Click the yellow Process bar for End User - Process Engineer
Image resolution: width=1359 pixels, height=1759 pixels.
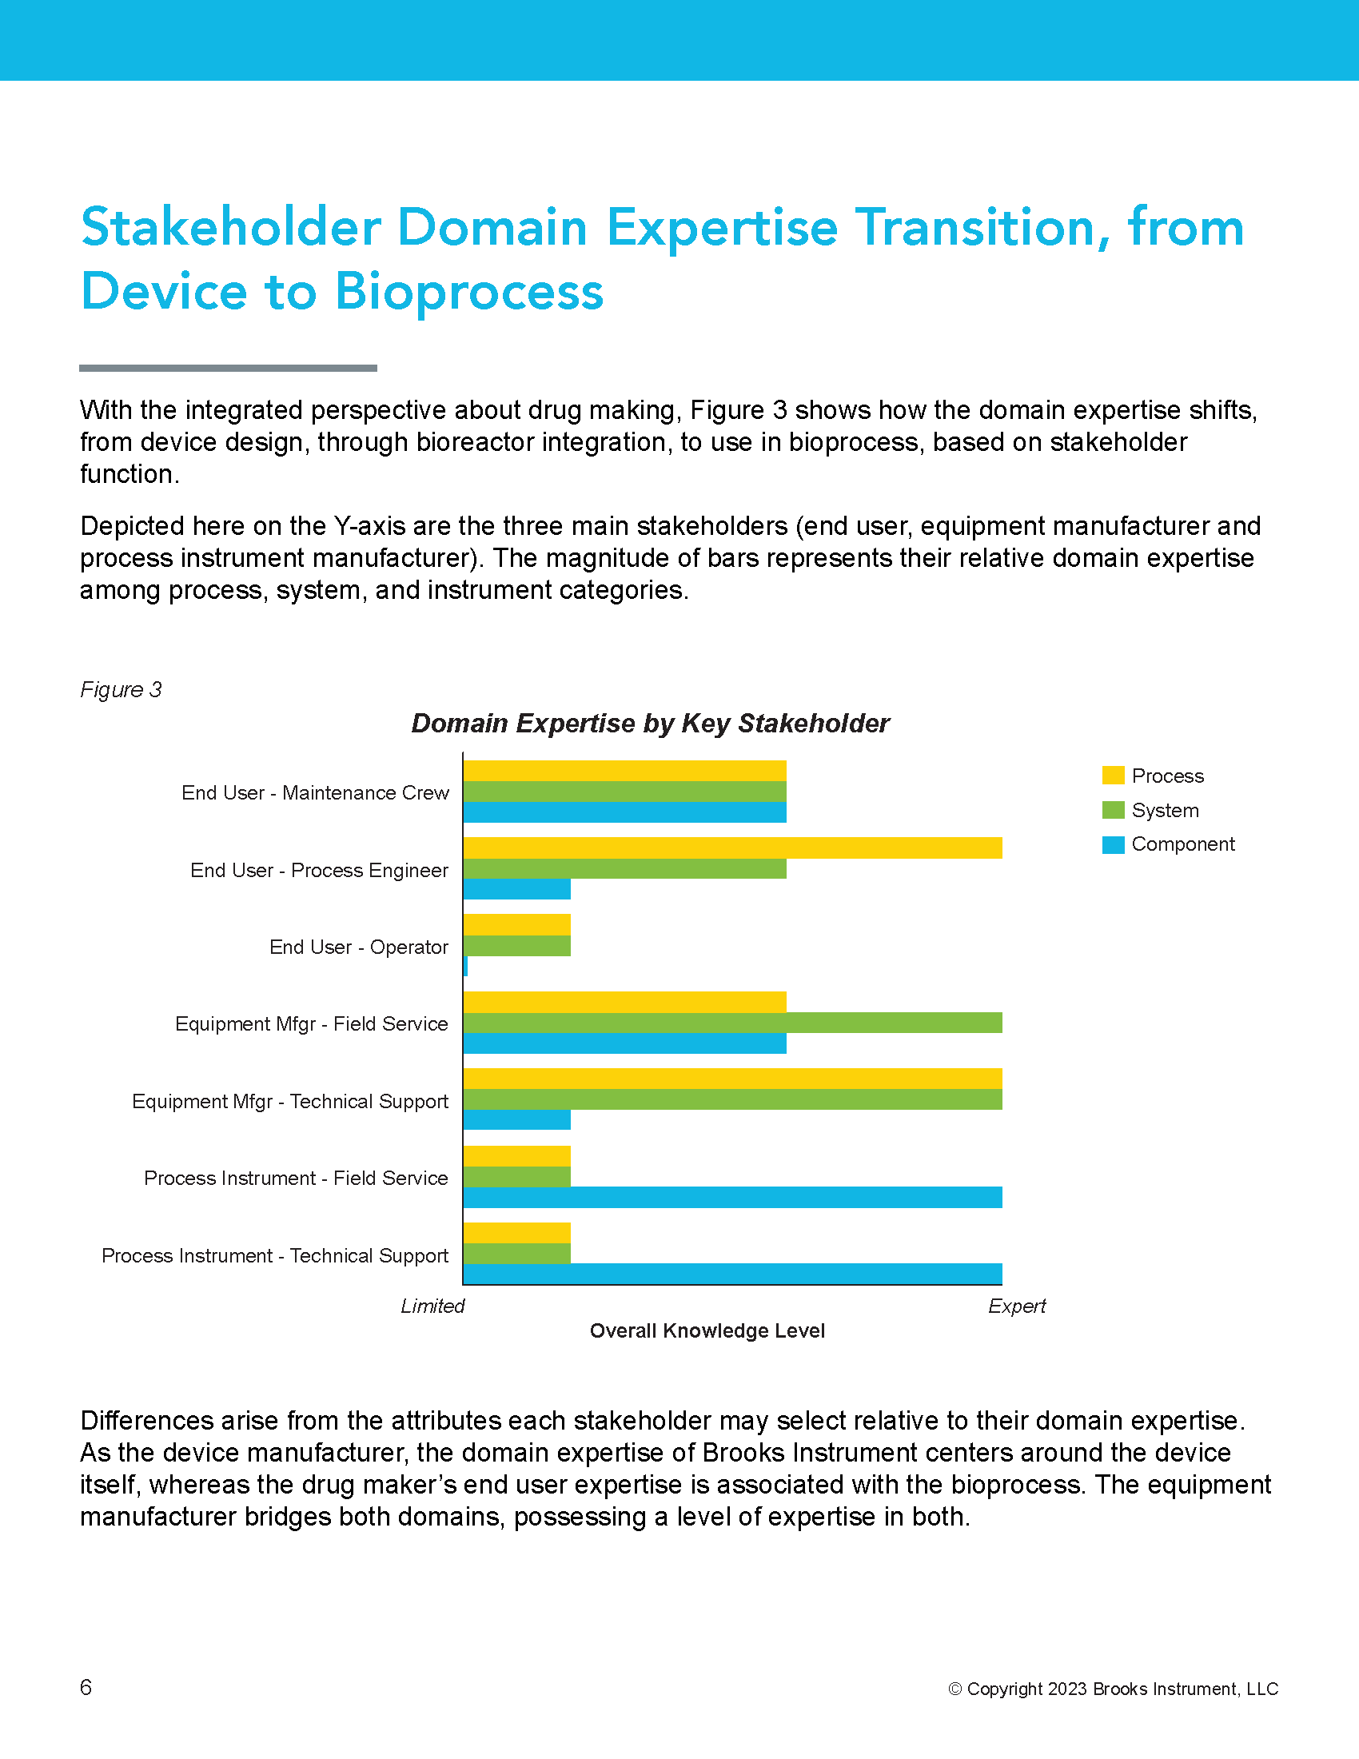(x=732, y=848)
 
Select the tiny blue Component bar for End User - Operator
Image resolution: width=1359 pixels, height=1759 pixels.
(x=465, y=966)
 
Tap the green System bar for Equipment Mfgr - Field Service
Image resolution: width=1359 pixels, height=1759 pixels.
(x=732, y=1023)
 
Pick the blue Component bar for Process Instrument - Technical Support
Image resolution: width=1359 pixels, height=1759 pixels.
(x=732, y=1274)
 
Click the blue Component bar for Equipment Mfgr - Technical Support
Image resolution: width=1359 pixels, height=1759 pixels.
(x=517, y=1119)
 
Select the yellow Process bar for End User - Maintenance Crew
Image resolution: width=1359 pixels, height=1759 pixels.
(x=625, y=771)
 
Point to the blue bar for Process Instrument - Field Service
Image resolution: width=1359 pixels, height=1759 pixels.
(x=732, y=1197)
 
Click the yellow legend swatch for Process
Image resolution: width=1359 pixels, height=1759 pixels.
(x=1113, y=776)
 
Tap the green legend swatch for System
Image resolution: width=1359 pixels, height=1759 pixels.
(x=1113, y=810)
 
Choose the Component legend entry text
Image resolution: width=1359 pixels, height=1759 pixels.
(x=1182, y=844)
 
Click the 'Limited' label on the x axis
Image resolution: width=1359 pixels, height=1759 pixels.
(x=432, y=1306)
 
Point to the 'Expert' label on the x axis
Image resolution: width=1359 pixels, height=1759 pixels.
(x=1017, y=1306)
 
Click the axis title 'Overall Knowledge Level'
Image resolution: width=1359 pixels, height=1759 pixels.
(x=707, y=1330)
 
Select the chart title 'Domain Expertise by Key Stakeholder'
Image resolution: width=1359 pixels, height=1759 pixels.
(x=650, y=724)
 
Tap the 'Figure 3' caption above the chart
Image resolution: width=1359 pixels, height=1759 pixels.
(x=121, y=689)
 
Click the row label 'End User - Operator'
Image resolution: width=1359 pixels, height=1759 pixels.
(x=358, y=947)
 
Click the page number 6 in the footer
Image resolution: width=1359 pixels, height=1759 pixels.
(x=86, y=1687)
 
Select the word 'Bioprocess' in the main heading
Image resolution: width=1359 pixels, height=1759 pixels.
(x=469, y=293)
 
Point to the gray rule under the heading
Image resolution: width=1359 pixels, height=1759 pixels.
(x=228, y=368)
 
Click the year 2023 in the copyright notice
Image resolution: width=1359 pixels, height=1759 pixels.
(x=1068, y=1689)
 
